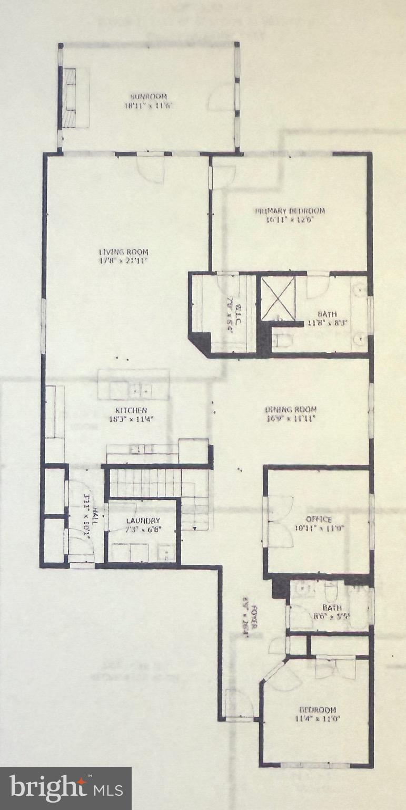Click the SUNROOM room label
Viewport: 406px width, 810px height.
148,97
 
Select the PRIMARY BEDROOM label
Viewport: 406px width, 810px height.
290,211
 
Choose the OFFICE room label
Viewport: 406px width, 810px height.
319,519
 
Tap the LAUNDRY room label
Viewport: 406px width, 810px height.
143,521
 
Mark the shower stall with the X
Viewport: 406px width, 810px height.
279,298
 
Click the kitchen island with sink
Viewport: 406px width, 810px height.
134,384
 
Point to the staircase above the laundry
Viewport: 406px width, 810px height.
158,483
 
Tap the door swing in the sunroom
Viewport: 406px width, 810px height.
221,99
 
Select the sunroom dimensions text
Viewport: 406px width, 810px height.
148,105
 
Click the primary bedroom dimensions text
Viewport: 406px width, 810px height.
290,220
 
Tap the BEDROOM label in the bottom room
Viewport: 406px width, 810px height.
318,710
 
